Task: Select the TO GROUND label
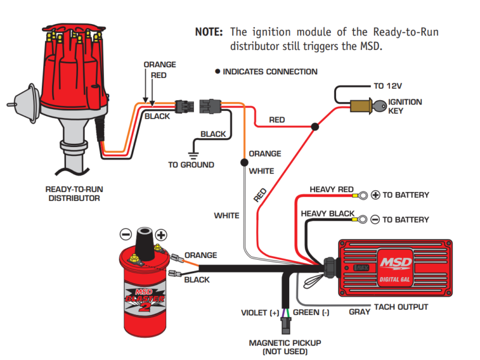coord(191,164)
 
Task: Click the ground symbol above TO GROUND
coord(193,146)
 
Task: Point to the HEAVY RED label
coord(331,190)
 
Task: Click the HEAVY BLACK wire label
coord(327,214)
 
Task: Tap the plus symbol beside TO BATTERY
coord(376,195)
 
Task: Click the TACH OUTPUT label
coord(401,307)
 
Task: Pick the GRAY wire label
coord(359,312)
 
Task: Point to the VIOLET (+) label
coord(260,313)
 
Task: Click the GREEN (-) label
coord(311,313)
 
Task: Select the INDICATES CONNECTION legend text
coord(270,71)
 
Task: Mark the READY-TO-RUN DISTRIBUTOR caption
coord(74,193)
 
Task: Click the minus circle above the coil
coord(125,234)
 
